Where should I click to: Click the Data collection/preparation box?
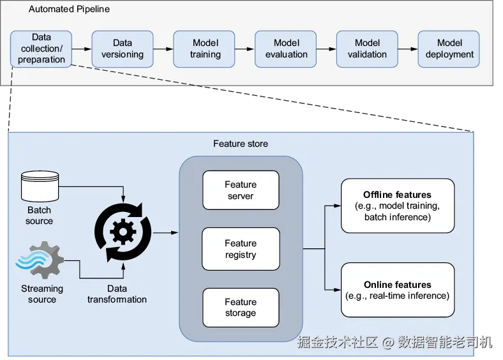tap(41, 49)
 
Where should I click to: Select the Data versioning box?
tap(123, 49)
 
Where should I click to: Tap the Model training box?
tap(205, 49)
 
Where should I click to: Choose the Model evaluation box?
tap(287, 49)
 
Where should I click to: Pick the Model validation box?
tap(368, 49)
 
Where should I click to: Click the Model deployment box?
tap(449, 49)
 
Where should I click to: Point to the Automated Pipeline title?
tap(70, 10)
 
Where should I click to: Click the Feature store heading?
tap(241, 144)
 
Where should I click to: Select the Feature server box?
tap(241, 190)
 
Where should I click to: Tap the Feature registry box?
tap(241, 249)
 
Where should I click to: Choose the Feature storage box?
tap(241, 308)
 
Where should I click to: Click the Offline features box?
tap(397, 206)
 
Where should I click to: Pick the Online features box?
tap(397, 290)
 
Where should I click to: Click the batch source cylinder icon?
tap(40, 184)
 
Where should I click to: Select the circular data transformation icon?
tap(123, 232)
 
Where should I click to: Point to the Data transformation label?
tap(117, 294)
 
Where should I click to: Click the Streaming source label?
tap(42, 294)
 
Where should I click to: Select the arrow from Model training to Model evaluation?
tap(245, 49)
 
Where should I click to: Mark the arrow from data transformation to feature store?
tap(165, 233)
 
